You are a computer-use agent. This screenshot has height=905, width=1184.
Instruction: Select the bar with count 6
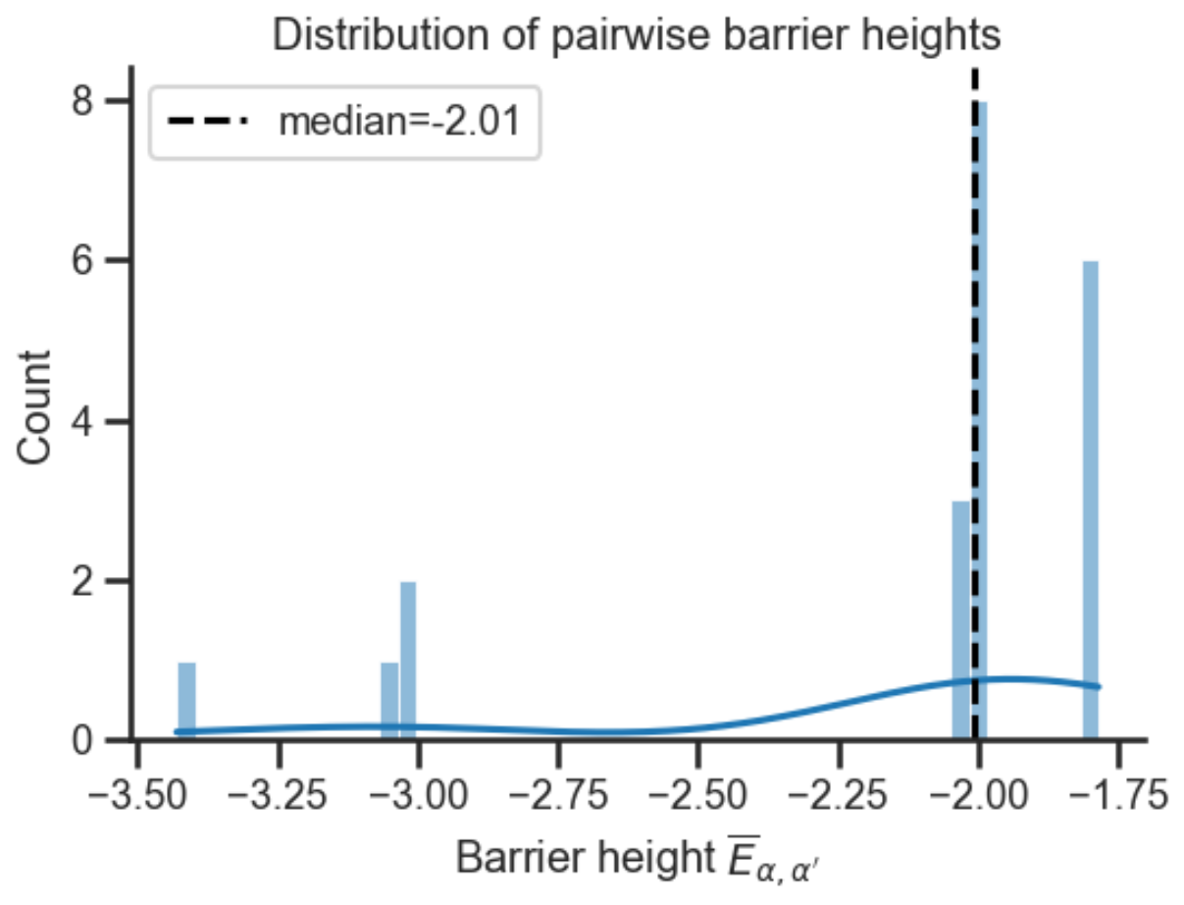click(x=1090, y=501)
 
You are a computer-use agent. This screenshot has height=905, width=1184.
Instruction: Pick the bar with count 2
click(x=408, y=660)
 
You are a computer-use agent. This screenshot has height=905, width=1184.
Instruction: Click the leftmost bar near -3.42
click(x=186, y=701)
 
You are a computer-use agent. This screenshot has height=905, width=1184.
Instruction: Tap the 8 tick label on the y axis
click(x=93, y=101)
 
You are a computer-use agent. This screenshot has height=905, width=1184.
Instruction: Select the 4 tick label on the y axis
click(x=93, y=421)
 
